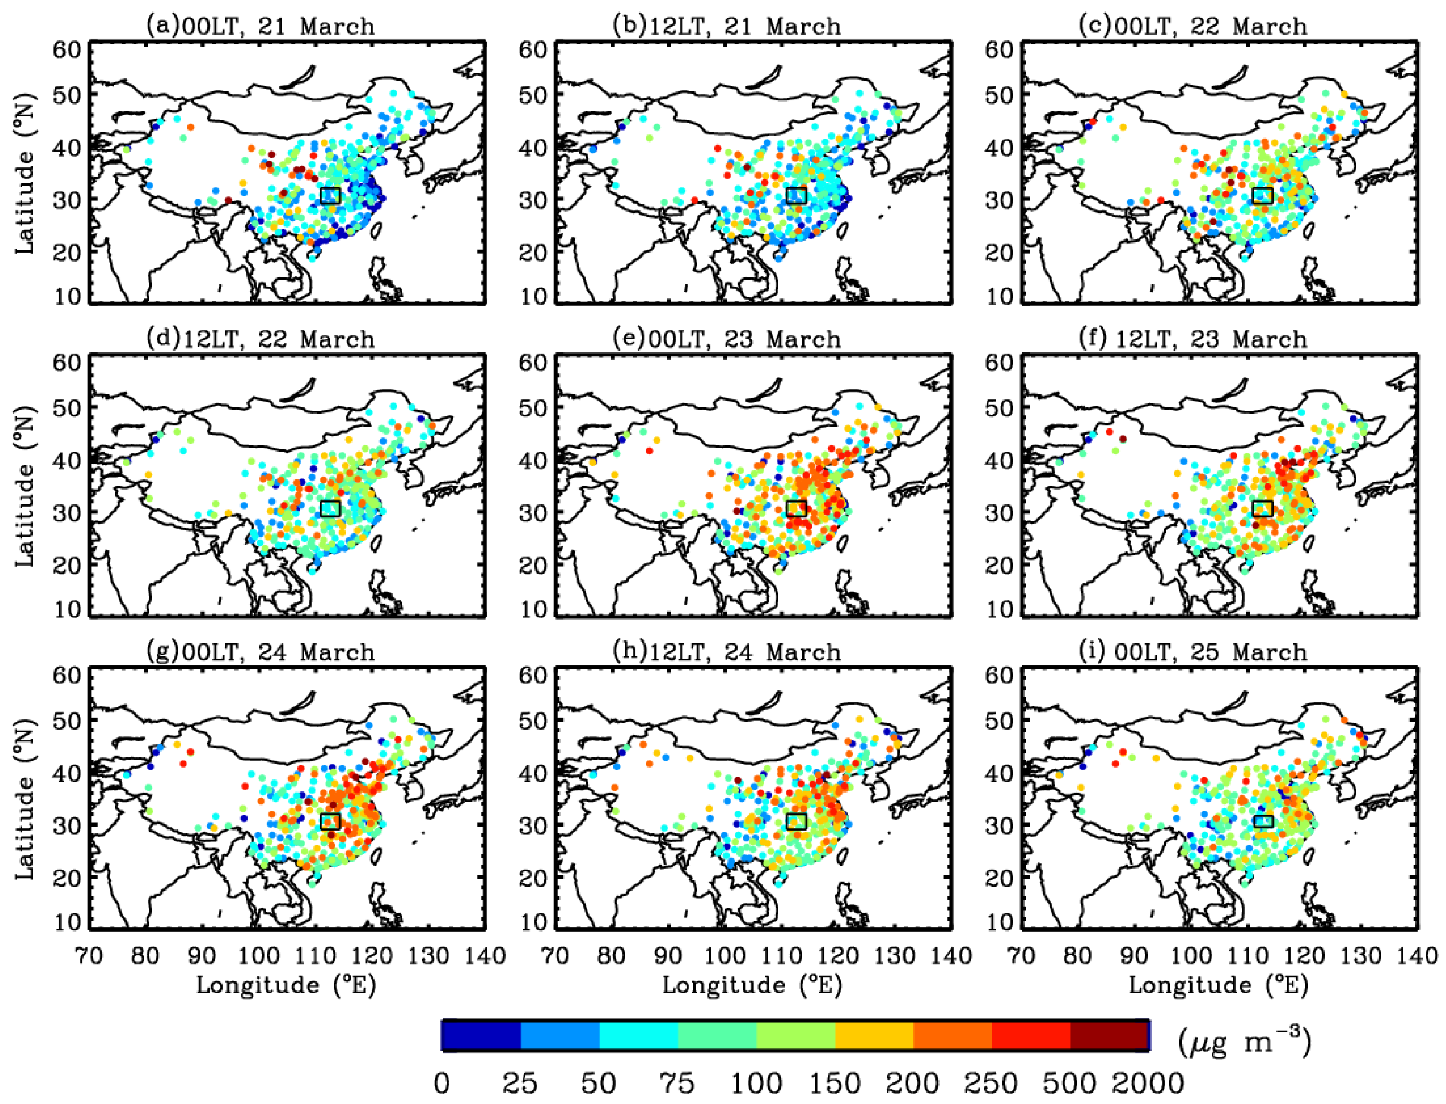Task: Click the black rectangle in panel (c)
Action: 1263,195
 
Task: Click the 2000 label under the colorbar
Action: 1148,1082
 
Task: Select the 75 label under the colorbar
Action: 678,1082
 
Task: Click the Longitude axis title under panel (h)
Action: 752,985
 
